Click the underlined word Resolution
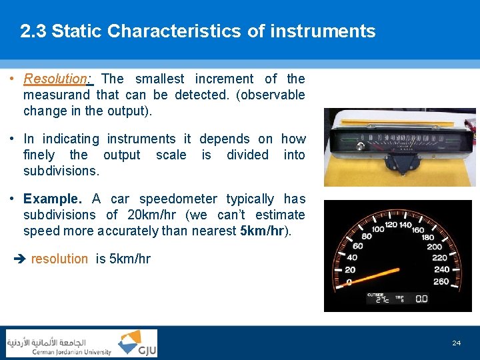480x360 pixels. pos(55,79)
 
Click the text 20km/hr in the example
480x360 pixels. pos(155,215)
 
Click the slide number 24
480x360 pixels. pos(456,343)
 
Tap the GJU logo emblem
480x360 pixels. pos(137,343)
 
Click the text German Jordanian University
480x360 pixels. pos(72,352)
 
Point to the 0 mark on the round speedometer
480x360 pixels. pos(349,282)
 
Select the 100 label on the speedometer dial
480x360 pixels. pos(378,229)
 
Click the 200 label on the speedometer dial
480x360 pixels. pos(434,246)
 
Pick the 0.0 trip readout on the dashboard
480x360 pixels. pos(421,299)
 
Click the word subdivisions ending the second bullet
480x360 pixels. pos(61,171)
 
